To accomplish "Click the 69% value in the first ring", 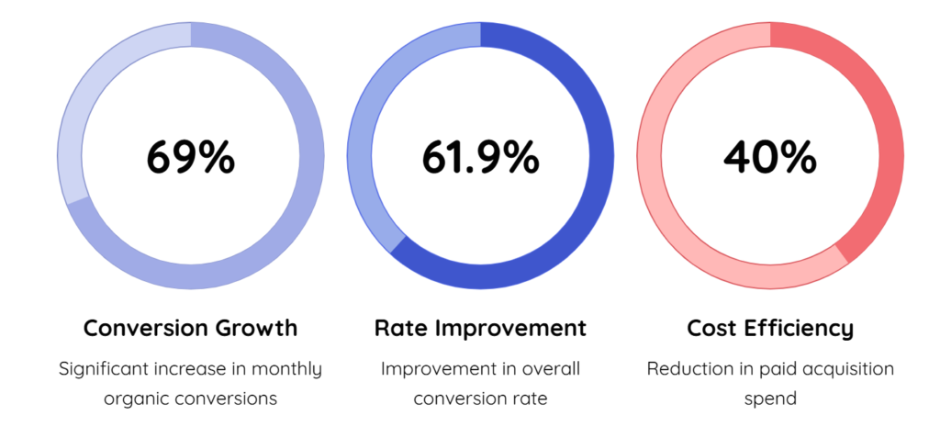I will coord(190,157).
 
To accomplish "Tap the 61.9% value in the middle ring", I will coord(480,157).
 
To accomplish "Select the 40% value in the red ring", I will coord(769,157).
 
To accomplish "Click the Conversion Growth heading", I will coord(190,328).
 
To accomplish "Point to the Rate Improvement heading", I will coord(480,328).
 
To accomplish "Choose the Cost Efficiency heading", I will coord(769,328).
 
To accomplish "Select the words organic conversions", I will coord(190,399).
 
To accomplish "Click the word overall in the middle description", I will coord(547,369).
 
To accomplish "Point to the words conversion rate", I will coord(480,399).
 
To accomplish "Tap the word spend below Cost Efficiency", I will coord(769,399).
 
